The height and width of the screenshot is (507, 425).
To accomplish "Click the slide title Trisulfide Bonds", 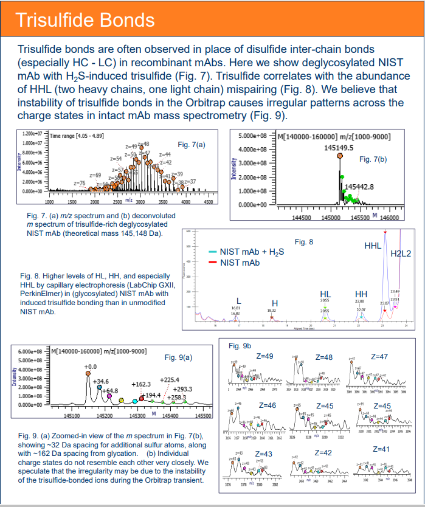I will click(85, 19).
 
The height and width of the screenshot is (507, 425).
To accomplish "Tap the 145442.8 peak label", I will click(359, 186).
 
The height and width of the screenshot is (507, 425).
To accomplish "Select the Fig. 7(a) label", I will click(192, 145).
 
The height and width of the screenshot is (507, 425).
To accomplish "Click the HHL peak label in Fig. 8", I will click(373, 246).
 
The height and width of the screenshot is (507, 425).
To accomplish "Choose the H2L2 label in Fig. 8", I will click(401, 253).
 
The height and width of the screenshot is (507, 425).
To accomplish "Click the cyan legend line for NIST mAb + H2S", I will click(213, 252).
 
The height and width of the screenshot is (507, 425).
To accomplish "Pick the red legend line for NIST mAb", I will click(213, 263).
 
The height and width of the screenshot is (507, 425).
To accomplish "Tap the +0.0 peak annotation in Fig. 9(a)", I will click(90, 367).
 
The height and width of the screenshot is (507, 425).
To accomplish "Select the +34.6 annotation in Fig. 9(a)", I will click(101, 381).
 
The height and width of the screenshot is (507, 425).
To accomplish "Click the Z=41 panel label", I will click(381, 449).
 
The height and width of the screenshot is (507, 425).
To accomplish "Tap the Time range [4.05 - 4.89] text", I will click(75, 137).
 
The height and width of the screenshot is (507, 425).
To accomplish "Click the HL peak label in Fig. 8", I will click(325, 294).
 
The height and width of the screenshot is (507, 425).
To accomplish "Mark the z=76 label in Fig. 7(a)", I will click(78, 182).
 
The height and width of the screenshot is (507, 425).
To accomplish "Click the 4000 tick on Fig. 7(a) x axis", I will click(185, 201).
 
